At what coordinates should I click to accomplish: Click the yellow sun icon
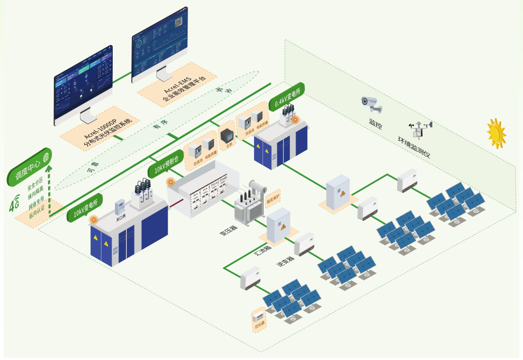click(496, 133)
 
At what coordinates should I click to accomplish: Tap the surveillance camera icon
click(372, 104)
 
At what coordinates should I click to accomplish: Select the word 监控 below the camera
click(376, 123)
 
